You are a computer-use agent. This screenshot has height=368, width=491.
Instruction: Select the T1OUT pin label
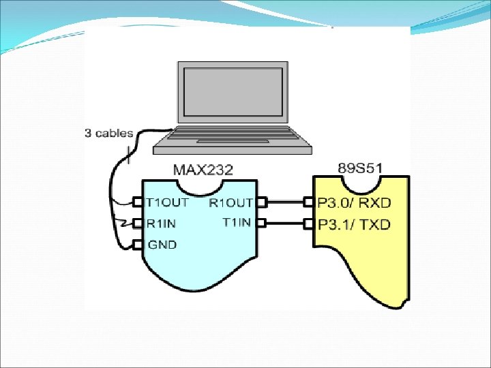coord(168,202)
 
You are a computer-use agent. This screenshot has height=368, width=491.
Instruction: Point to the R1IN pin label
coord(162,223)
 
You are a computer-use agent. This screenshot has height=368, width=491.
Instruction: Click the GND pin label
coord(162,245)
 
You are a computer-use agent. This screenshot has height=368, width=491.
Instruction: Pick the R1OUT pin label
coord(231,202)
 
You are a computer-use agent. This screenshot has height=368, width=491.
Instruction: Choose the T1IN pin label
coord(237,222)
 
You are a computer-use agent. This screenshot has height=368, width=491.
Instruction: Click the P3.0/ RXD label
coord(355,202)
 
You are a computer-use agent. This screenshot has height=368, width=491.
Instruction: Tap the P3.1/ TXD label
coord(355,224)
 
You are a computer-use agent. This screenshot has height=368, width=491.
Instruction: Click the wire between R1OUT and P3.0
coord(285,202)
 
